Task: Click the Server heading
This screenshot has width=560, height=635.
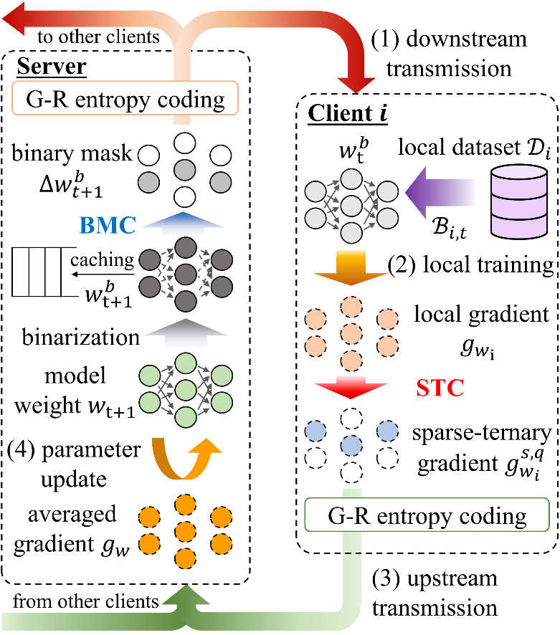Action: tap(52, 68)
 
